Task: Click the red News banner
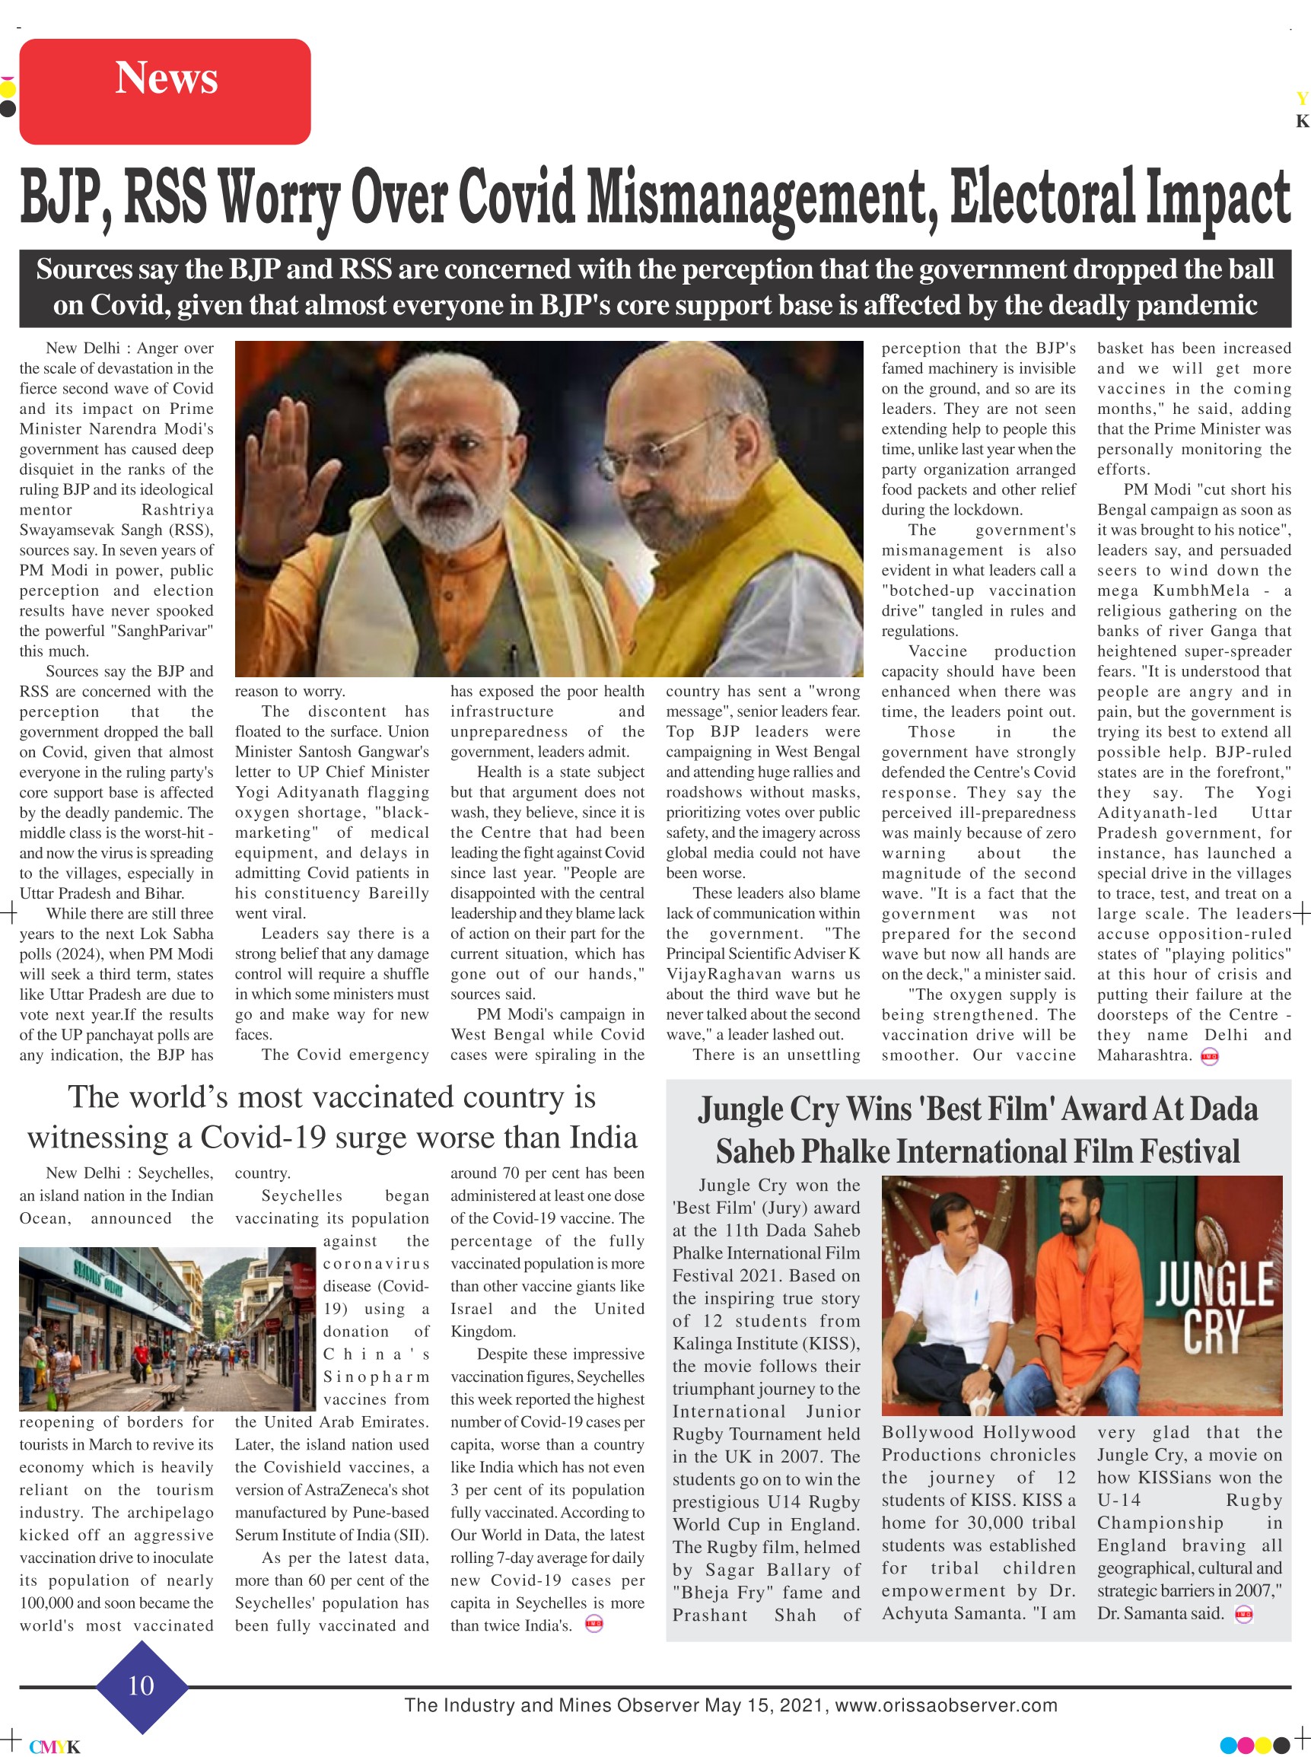coord(164,91)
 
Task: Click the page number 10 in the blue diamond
coord(142,1684)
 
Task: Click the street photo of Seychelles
coord(167,1328)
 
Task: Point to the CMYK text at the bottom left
coord(55,1746)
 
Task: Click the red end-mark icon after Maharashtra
coord(1209,1056)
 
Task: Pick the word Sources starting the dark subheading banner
coord(84,270)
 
